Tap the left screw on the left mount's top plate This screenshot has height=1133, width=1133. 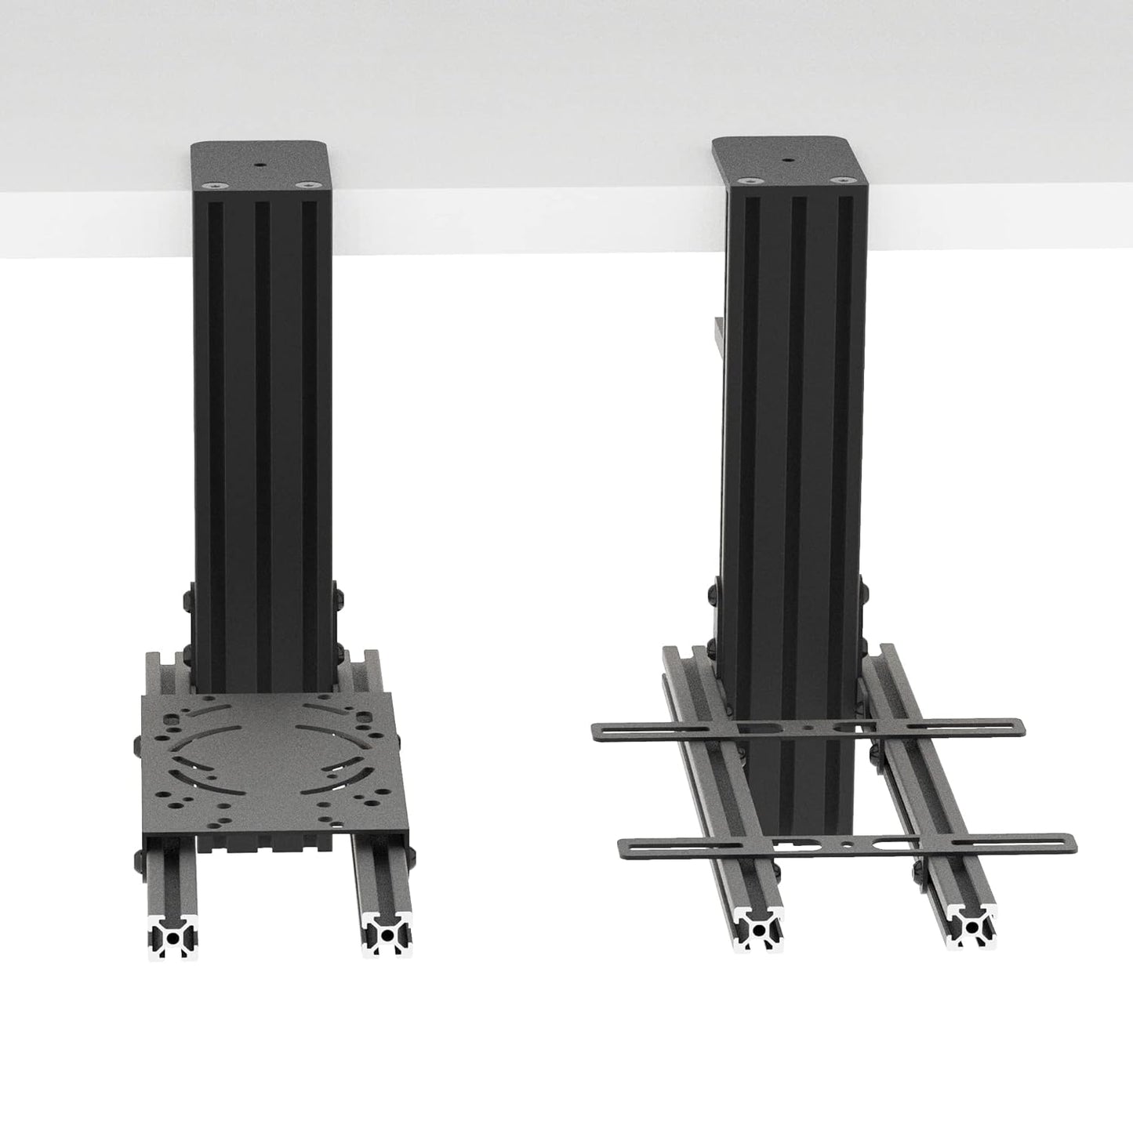212,184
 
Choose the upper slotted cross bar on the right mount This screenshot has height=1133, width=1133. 808,728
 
